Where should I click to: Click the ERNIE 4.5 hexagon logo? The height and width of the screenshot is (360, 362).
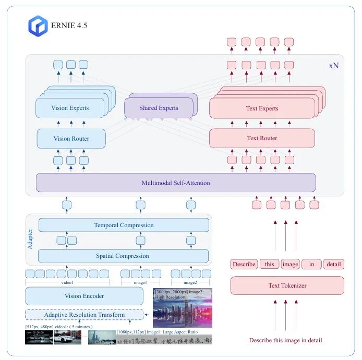38,26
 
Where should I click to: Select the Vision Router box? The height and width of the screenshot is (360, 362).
71,139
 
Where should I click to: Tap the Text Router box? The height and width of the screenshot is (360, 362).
262,138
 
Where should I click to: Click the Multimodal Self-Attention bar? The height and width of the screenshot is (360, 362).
176,183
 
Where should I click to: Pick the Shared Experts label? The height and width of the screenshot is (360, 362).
159,108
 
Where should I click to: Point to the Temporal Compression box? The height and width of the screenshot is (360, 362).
124,225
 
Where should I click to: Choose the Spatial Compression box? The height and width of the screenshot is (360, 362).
123,256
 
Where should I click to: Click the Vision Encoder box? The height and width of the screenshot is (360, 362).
84,296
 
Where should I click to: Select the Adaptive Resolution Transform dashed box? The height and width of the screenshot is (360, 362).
84,315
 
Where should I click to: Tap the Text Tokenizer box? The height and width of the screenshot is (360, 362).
287,285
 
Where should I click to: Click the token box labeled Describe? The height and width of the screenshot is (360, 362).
244,264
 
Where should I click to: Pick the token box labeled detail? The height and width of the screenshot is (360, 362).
333,264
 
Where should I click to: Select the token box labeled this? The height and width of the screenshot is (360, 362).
269,264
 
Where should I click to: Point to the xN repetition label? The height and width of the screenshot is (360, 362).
333,66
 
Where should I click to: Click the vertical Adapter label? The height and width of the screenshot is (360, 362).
30,238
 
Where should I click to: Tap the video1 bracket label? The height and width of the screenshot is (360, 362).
68,283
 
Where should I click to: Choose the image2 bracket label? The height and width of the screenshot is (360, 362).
190,283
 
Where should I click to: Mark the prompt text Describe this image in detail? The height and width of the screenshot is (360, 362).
285,340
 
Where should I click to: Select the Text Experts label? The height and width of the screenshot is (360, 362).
262,109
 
